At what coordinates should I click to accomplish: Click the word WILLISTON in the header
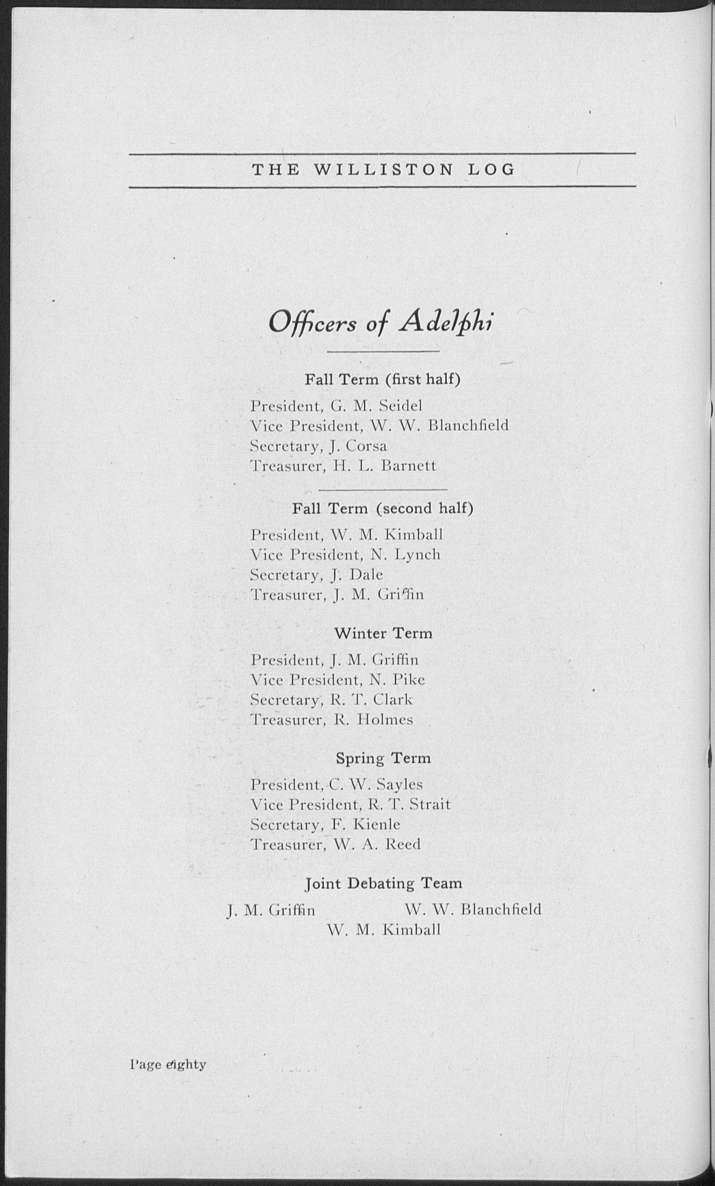tap(383, 170)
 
